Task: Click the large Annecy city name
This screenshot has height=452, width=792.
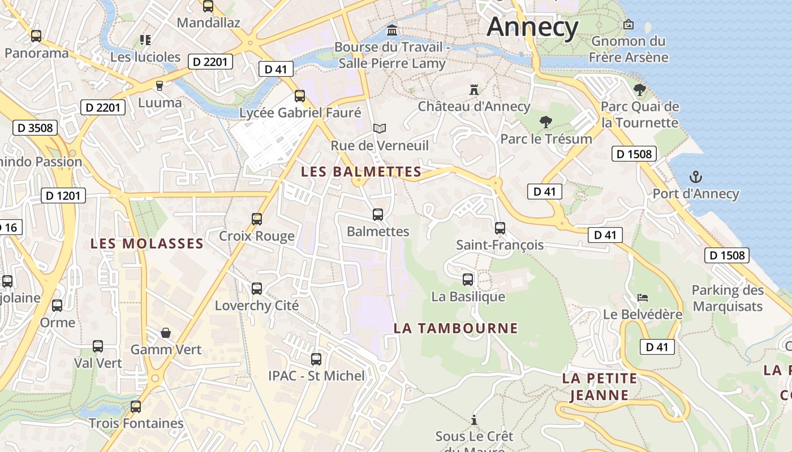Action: click(x=532, y=27)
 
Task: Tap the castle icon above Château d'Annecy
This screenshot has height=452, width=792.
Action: click(x=474, y=89)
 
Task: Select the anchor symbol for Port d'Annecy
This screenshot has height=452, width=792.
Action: click(x=695, y=177)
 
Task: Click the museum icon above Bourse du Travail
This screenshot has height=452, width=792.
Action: click(x=391, y=29)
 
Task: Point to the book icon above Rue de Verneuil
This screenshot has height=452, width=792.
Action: click(x=379, y=129)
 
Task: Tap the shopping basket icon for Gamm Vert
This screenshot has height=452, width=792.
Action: click(x=166, y=332)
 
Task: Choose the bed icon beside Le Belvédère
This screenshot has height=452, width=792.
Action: click(x=642, y=298)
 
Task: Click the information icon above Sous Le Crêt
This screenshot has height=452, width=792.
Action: click(x=474, y=420)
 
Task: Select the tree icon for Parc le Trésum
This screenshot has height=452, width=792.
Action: click(x=546, y=121)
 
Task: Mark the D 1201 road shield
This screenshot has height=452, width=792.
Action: click(x=63, y=196)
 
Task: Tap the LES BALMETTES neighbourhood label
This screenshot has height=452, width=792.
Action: click(x=361, y=172)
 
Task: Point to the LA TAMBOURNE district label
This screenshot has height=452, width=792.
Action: click(x=455, y=328)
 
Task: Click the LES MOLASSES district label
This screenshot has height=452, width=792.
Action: click(x=147, y=244)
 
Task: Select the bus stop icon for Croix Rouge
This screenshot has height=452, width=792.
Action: click(x=257, y=219)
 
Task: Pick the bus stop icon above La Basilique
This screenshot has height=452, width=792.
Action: click(x=468, y=279)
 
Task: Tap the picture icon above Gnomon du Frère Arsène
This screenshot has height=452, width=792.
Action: click(x=628, y=24)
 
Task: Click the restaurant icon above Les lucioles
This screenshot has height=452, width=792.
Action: click(x=145, y=40)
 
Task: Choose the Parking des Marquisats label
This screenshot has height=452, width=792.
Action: click(x=728, y=298)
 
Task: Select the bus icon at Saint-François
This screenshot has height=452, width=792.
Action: click(x=500, y=228)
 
